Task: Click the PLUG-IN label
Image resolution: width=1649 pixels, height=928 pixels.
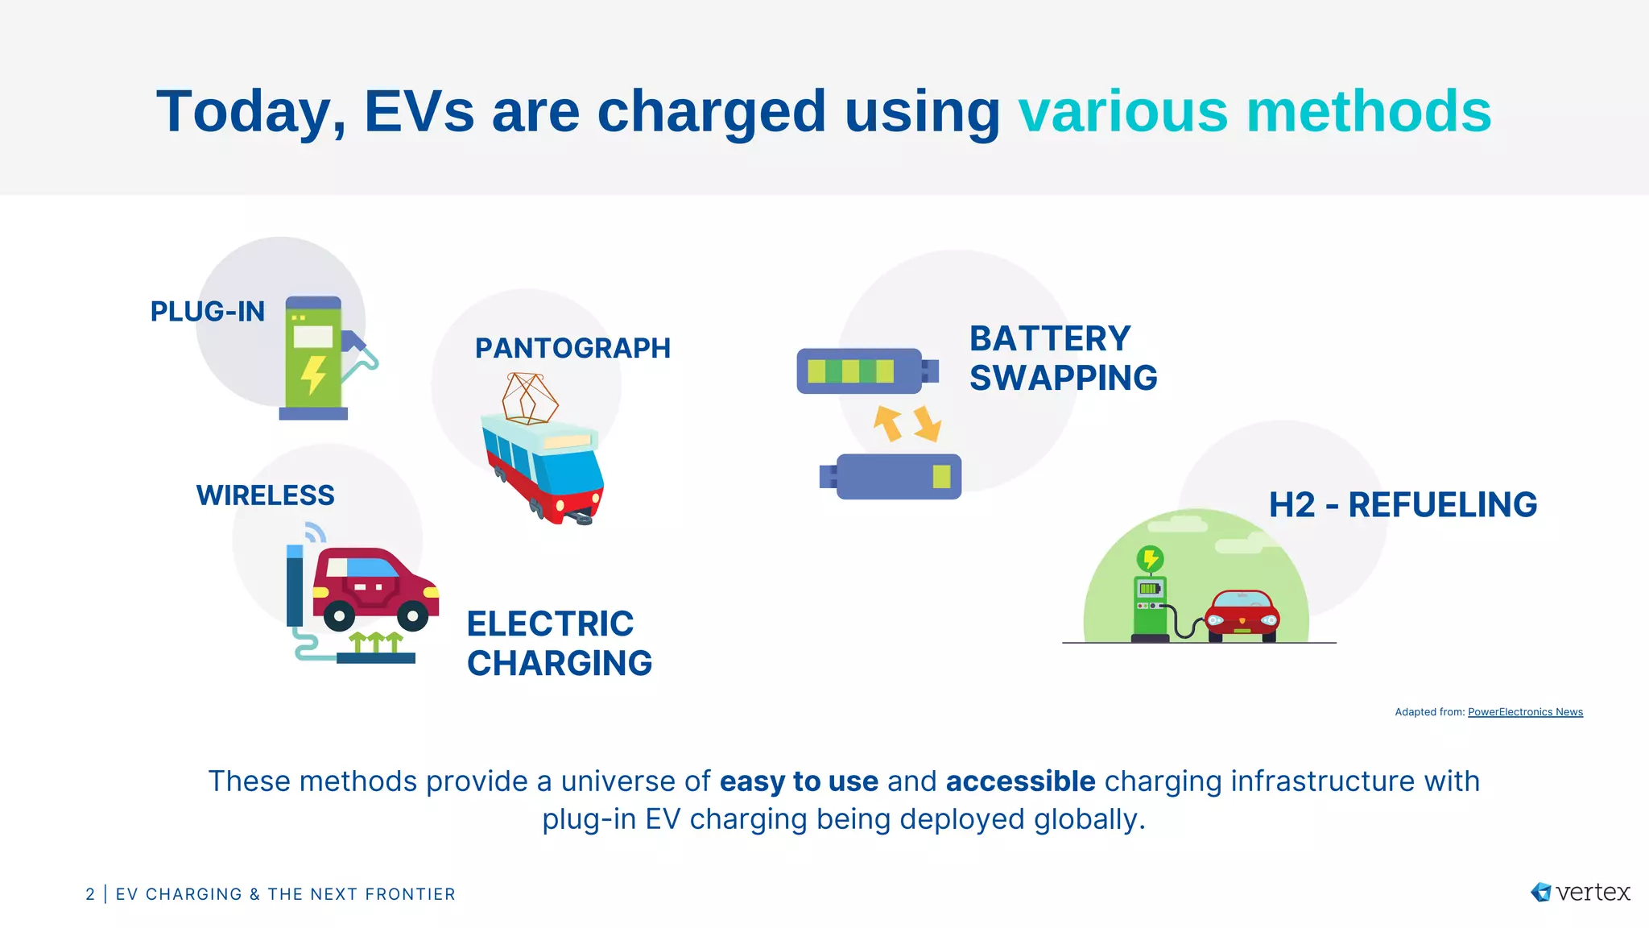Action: pos(207,312)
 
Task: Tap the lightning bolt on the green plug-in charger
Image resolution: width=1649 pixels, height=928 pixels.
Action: pos(313,375)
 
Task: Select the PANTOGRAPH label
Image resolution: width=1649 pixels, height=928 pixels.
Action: pos(572,348)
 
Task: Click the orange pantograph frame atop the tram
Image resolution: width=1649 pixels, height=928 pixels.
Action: pos(529,398)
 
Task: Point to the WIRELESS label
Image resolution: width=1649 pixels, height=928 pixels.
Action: pos(265,495)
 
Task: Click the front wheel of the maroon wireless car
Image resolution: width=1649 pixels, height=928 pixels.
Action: pos(413,617)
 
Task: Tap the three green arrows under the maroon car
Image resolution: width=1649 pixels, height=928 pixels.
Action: pos(375,641)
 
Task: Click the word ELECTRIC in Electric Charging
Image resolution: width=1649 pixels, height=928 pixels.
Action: pos(550,624)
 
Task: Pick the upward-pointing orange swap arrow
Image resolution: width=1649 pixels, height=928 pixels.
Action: pos(889,423)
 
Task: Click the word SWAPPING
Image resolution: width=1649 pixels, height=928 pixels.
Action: pos(1063,379)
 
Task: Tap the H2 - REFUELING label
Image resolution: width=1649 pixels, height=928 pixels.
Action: pos(1403,505)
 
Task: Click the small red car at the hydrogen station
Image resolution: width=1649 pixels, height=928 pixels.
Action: pos(1242,616)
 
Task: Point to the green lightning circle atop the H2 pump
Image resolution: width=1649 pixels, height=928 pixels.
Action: pos(1150,558)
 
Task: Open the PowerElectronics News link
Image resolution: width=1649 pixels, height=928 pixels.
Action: pos(1525,712)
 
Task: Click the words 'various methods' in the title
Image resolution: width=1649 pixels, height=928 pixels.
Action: pos(1254,111)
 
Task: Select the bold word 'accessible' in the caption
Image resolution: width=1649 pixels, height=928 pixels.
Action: pos(1020,781)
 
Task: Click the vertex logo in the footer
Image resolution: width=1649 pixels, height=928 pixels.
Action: pos(1580,893)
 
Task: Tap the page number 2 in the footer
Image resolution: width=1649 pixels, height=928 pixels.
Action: pos(90,894)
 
